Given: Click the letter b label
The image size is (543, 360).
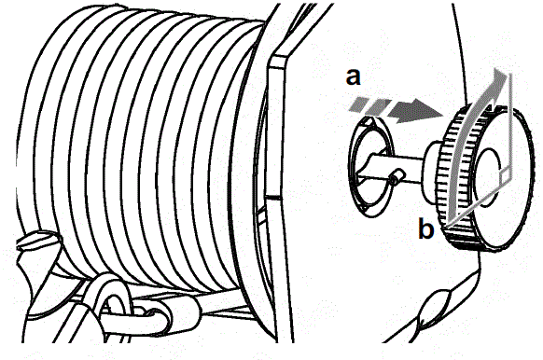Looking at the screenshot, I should click(x=425, y=229).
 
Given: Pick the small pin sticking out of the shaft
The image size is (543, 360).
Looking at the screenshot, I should click(x=398, y=174).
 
